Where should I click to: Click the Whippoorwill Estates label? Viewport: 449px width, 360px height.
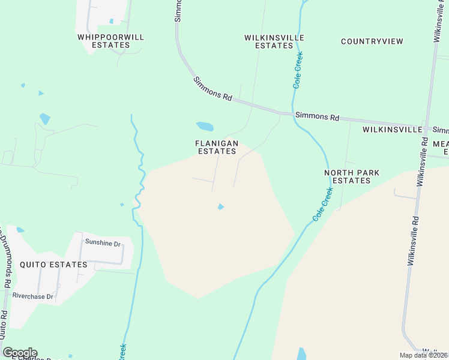point(111,41)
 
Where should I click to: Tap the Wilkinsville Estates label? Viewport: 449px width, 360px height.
point(274,41)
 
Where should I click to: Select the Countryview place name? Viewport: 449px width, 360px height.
point(372,41)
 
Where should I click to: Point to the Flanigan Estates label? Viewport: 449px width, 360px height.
point(217,148)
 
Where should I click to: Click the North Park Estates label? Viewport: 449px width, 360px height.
point(351,176)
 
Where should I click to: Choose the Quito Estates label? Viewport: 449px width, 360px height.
point(53,264)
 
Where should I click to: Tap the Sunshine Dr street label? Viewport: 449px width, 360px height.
point(103,243)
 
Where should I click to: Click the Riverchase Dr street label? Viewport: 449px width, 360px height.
point(33,296)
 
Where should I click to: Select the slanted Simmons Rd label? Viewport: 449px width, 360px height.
point(212,88)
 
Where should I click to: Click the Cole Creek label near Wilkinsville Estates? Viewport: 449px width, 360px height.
point(297,70)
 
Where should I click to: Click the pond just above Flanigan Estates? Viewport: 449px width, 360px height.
point(205,127)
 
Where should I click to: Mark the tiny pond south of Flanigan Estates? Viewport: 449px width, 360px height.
point(220,207)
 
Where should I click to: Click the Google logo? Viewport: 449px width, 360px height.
point(20,353)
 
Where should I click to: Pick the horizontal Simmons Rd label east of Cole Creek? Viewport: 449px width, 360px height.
point(317,116)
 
